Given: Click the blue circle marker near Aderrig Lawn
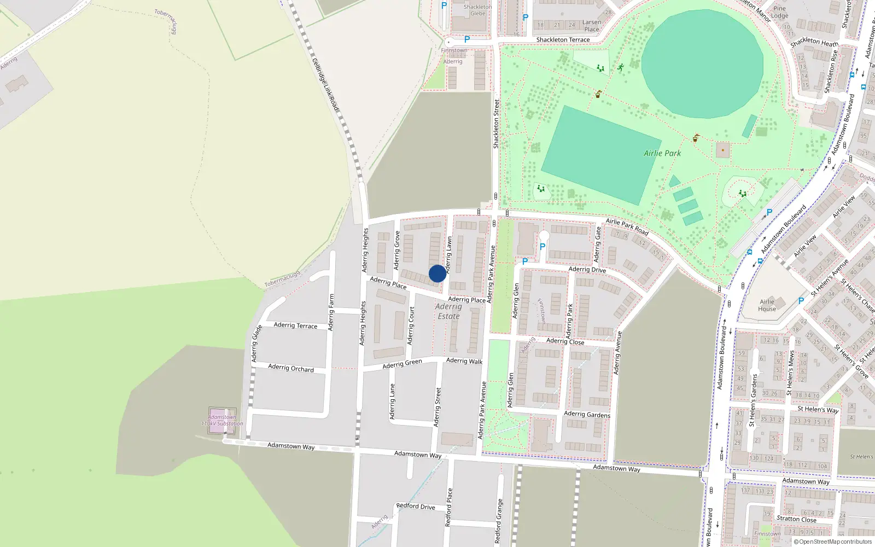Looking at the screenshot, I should (x=437, y=273).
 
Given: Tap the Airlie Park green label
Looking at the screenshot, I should (x=662, y=153).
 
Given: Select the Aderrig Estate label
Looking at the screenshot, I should (x=448, y=311).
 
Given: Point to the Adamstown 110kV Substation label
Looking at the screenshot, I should (x=222, y=420).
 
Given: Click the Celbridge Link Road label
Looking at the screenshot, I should (x=325, y=84).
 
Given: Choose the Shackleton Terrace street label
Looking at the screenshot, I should (x=563, y=39).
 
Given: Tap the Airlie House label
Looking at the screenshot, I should (x=767, y=305).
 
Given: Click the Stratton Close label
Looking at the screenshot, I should (x=796, y=519).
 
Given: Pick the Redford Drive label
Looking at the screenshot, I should (x=416, y=506).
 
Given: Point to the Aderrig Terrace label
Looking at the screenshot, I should (x=295, y=325).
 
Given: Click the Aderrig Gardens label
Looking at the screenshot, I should (x=587, y=414).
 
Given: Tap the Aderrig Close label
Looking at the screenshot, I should (x=565, y=341).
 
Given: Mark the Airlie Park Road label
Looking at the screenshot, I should (x=627, y=226).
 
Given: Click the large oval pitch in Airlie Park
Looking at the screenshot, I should (x=702, y=63).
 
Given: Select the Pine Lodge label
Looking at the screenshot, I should (x=779, y=12).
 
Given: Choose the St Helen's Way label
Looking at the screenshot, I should (x=818, y=409).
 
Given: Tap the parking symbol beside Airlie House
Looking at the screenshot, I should (x=801, y=300).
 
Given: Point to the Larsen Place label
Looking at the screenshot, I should (x=592, y=26).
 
